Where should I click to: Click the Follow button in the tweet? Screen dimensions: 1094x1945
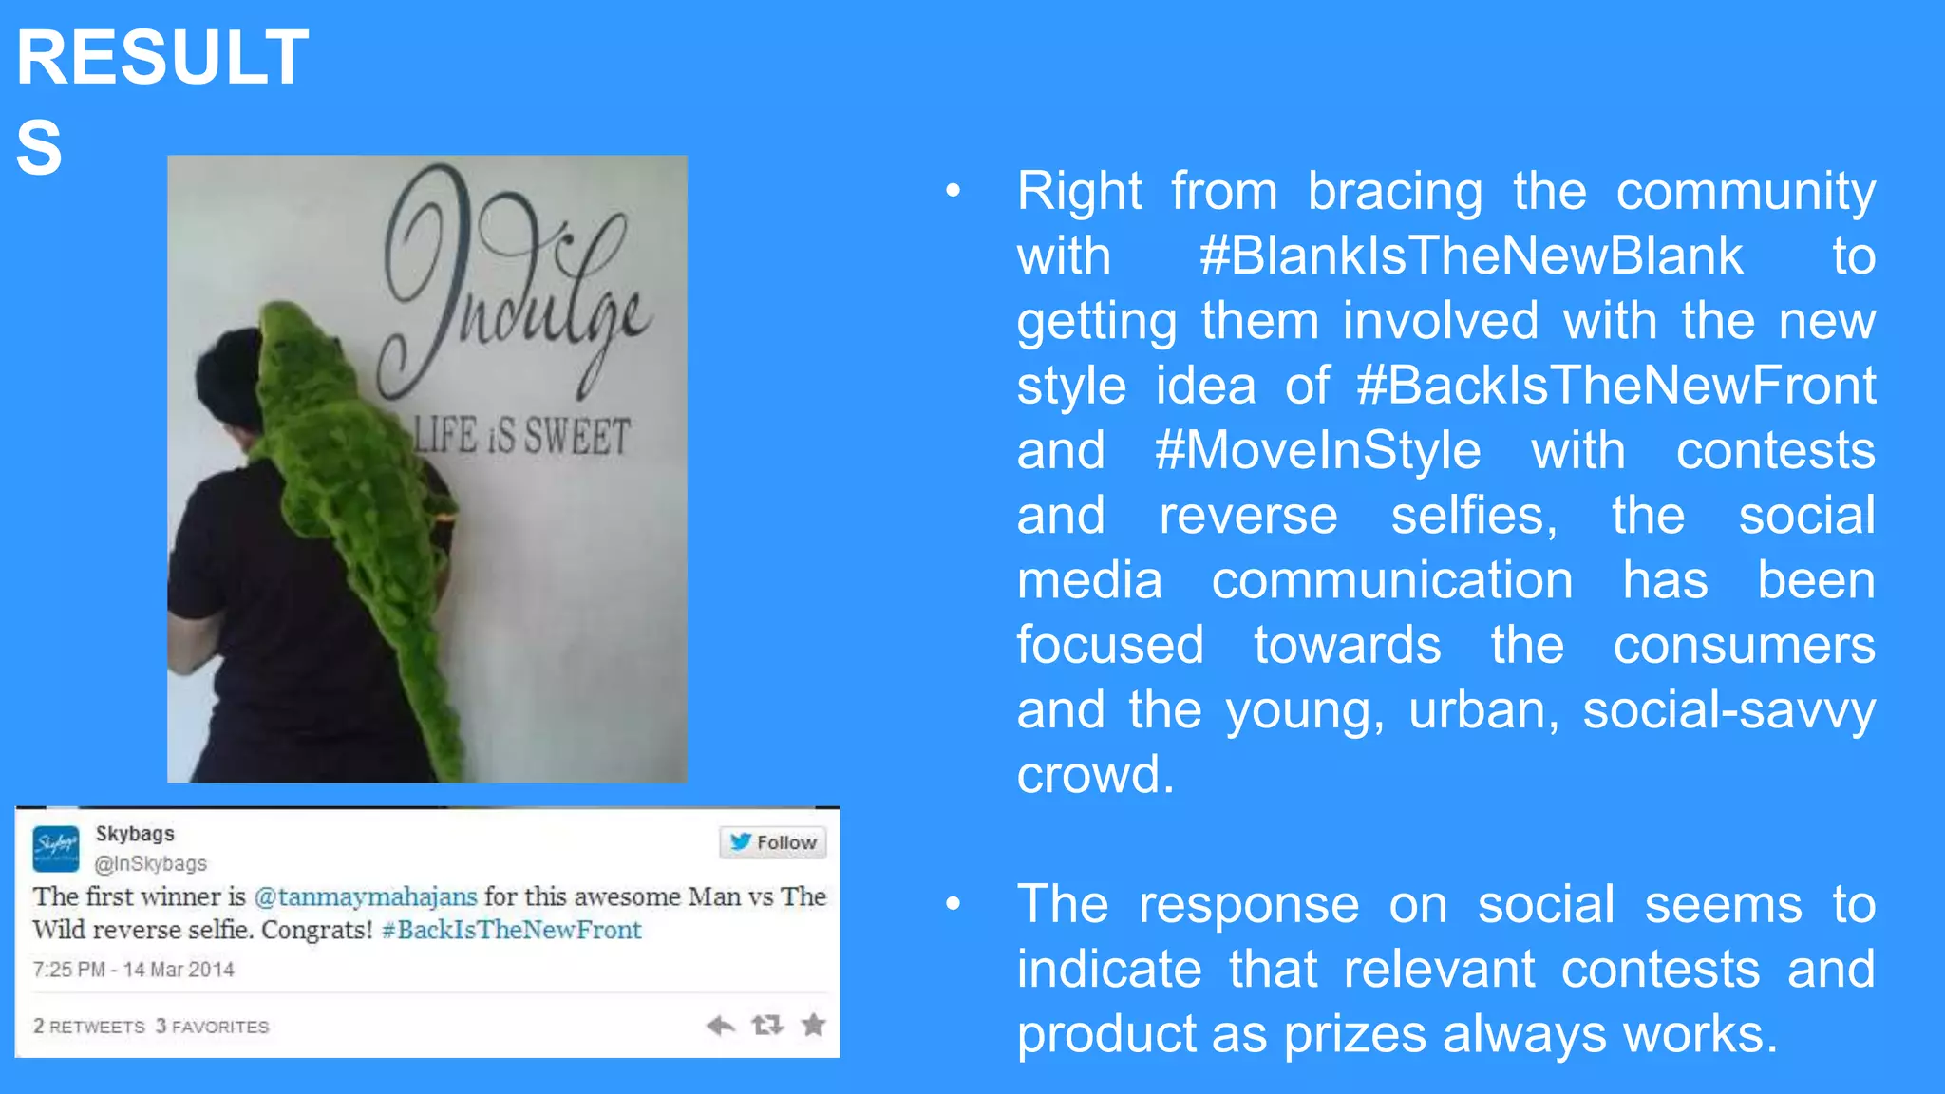tap(773, 842)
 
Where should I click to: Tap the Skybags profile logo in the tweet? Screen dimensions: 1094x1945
tap(56, 848)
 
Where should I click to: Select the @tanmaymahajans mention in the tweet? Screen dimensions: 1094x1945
tap(366, 896)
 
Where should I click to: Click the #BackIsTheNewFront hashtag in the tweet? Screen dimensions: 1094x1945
tap(512, 930)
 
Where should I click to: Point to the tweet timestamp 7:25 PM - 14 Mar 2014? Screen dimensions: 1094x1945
tap(133, 970)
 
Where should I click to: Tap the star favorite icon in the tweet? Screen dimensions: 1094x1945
tap(814, 1025)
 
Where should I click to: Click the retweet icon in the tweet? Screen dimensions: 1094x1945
tap(767, 1025)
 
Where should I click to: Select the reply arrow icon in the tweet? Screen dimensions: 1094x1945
tap(721, 1025)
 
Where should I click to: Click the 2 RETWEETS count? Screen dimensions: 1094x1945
tap(89, 1027)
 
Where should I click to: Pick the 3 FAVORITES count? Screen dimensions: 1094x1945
tap(213, 1027)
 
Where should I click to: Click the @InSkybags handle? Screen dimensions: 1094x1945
tap(150, 863)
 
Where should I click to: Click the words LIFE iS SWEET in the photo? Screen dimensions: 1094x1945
tap(521, 436)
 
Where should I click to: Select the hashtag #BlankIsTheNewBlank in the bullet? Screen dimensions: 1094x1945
tap(1471, 256)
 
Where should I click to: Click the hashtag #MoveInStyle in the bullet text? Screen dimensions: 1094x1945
tap(1317, 450)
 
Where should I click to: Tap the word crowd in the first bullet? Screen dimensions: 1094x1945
tap(1095, 775)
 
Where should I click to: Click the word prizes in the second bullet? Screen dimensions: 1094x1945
tap(1354, 1034)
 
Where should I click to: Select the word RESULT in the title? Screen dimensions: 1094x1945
tap(162, 57)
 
